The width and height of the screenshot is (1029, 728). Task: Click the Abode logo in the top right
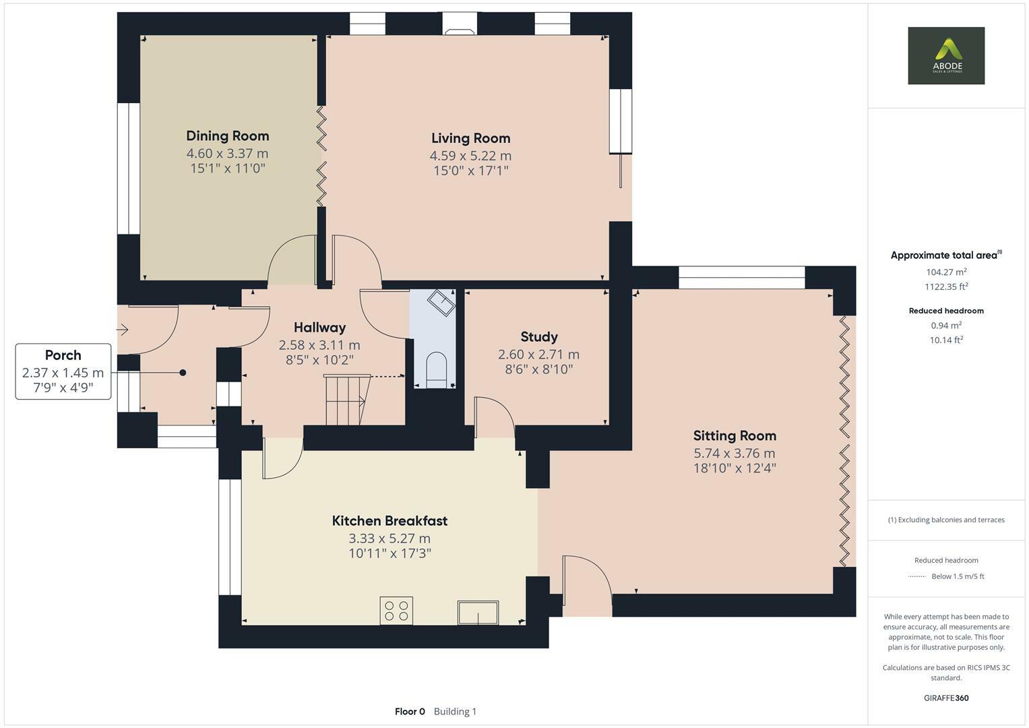tap(945, 56)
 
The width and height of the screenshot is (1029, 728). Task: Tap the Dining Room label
tap(227, 135)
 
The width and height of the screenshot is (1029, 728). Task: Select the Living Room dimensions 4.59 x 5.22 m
tap(470, 156)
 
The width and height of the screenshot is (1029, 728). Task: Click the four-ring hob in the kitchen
tap(396, 611)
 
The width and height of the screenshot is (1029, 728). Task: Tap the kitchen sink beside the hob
tap(478, 612)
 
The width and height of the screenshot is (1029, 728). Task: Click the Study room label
tap(539, 336)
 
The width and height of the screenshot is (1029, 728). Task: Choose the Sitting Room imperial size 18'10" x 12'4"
tap(735, 468)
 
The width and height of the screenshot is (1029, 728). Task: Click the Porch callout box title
tap(63, 355)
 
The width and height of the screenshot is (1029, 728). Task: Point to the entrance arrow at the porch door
tap(123, 330)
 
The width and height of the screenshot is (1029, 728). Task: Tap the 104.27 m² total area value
tap(945, 272)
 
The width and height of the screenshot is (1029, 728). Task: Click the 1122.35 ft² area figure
tap(945, 286)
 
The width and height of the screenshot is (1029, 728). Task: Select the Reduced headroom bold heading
tap(945, 311)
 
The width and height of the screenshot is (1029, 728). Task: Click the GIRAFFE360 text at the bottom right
tap(945, 698)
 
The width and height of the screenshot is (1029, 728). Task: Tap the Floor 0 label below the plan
tap(410, 711)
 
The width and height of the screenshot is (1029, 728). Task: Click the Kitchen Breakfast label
tap(389, 520)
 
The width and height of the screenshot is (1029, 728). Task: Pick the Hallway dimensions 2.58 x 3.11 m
tap(319, 345)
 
